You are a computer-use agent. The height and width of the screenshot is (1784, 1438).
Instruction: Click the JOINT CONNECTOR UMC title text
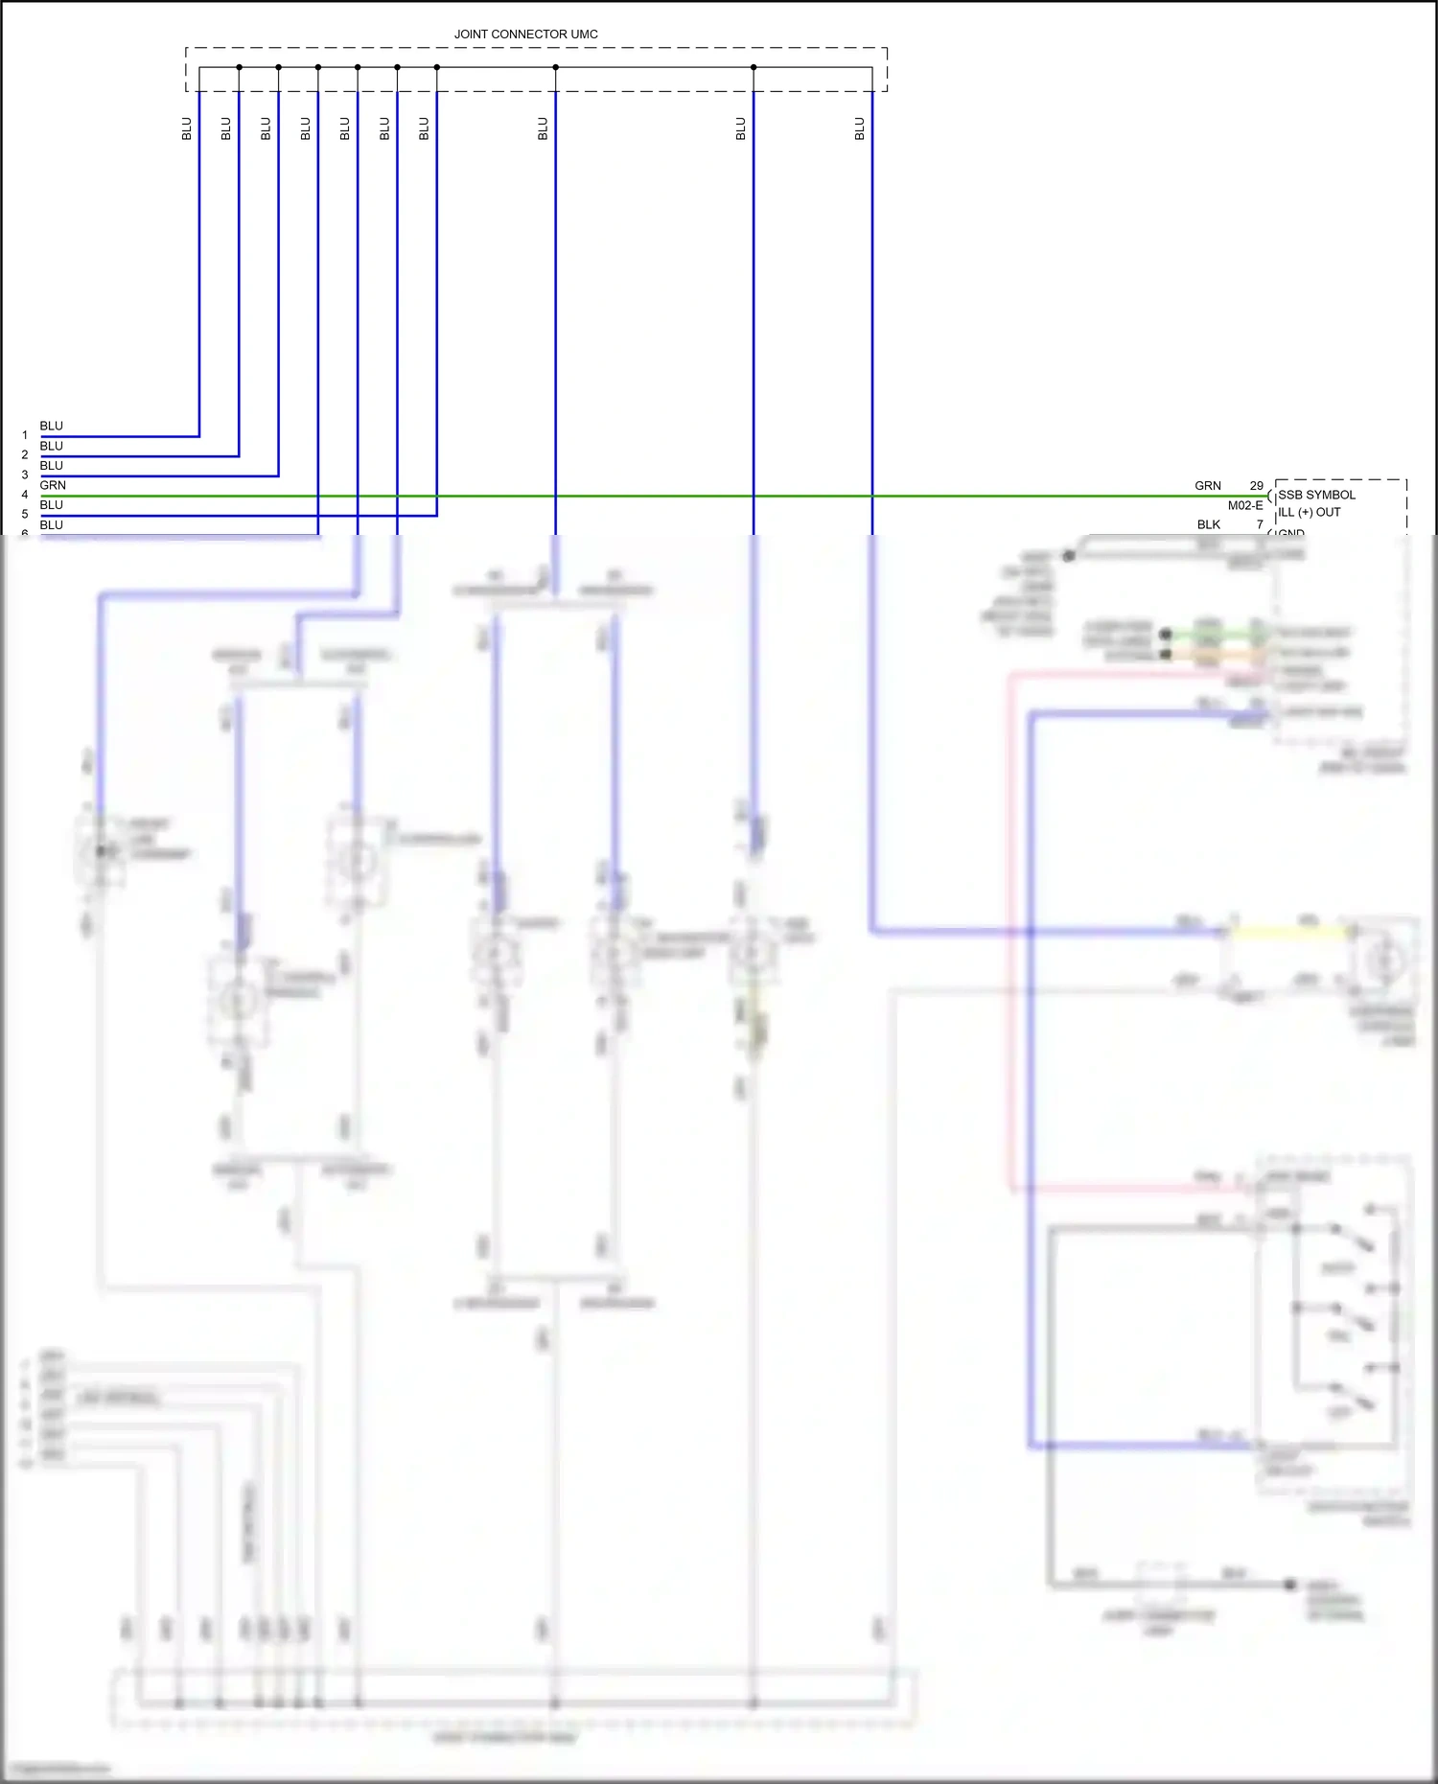525,34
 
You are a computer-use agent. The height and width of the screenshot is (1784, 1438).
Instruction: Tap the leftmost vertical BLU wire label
187,128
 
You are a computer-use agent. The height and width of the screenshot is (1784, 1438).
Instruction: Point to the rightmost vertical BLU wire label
860,128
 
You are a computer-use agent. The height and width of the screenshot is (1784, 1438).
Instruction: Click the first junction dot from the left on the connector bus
239,67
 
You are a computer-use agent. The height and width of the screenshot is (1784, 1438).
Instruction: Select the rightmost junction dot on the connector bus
754,67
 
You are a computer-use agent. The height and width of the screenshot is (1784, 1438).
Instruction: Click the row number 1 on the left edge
25,435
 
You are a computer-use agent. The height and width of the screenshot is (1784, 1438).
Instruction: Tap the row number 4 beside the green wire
25,495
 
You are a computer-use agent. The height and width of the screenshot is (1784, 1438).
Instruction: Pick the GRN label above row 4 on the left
53,485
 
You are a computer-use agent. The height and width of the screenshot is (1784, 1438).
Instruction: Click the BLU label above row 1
52,426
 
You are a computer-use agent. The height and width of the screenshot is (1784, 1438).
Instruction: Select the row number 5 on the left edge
25,515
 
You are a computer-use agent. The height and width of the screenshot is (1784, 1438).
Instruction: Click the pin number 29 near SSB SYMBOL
1256,486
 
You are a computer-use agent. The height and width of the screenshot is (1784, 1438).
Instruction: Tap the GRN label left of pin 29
1208,486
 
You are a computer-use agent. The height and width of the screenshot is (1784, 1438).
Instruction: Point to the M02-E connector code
1245,505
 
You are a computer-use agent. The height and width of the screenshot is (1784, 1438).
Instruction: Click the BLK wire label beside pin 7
1209,524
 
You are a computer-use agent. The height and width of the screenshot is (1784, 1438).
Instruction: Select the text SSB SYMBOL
1317,495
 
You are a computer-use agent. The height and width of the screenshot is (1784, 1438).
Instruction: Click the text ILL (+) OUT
1310,512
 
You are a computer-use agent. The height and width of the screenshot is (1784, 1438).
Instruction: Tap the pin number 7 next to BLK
1260,524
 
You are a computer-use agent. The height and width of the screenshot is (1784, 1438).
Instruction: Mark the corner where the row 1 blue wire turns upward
199,436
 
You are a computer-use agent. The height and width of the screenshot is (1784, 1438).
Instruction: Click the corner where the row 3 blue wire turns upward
279,475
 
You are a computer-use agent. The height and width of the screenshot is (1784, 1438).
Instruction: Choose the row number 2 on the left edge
25,455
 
